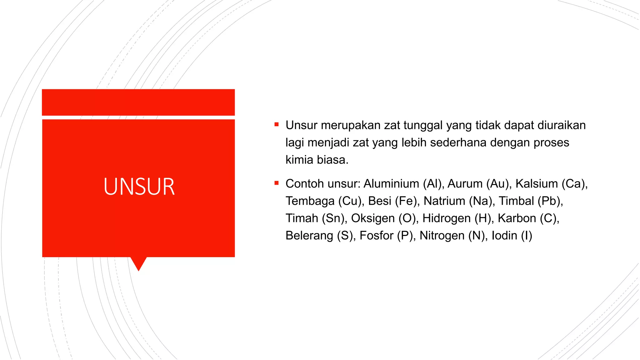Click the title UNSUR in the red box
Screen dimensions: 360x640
[x=139, y=187]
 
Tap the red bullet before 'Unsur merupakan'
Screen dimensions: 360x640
[x=276, y=124]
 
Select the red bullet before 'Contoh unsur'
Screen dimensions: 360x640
[x=276, y=183]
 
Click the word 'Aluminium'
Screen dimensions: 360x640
[x=391, y=184]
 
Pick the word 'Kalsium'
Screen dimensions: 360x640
[x=537, y=184]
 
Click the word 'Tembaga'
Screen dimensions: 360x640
[x=310, y=201]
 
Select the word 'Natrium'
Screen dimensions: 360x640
[x=444, y=201]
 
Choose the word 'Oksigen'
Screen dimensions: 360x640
[x=373, y=218]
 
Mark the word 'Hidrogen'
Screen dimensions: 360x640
[x=447, y=218]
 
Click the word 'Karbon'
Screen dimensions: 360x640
[x=517, y=218]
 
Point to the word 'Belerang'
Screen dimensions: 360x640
[x=309, y=236]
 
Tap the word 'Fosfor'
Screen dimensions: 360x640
[x=377, y=236]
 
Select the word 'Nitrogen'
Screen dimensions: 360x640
[x=442, y=236]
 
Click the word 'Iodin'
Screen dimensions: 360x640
[x=504, y=236]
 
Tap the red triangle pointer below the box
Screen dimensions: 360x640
[x=138, y=263]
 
